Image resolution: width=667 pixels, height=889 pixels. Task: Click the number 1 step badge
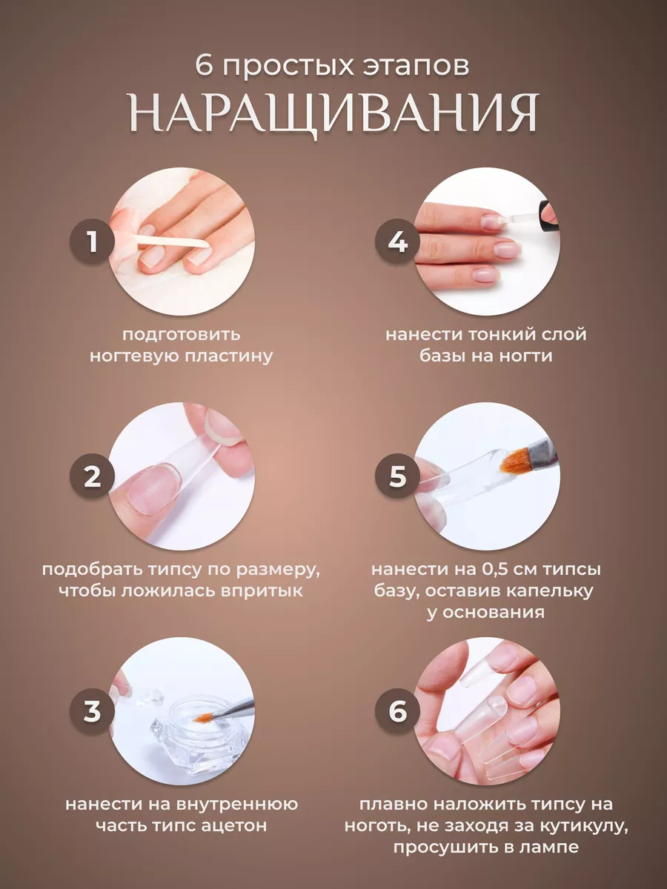click(93, 242)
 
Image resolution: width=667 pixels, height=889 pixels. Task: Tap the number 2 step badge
click(93, 476)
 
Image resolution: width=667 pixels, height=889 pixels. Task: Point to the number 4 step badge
click(398, 242)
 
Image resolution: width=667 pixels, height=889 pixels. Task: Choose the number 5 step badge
click(398, 476)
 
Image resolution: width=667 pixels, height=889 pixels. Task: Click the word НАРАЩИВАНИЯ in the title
click(334, 114)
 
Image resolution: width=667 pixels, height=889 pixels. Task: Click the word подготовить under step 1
click(182, 335)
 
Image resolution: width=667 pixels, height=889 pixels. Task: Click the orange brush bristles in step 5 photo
click(516, 462)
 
